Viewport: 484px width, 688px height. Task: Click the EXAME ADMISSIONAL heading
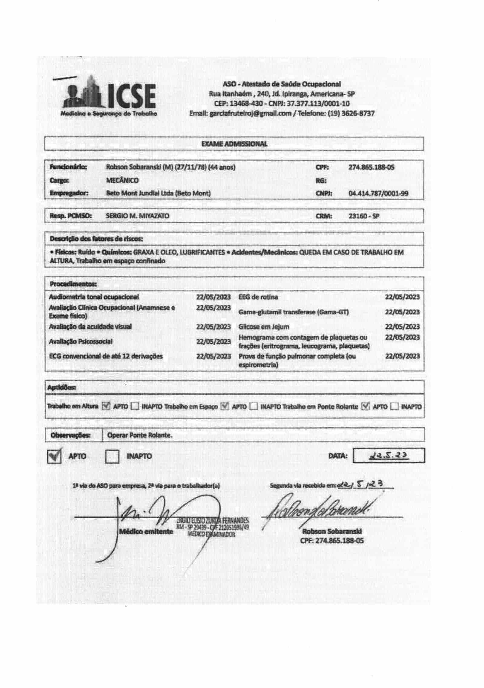point(234,144)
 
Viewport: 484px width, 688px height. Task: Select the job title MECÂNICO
point(122,181)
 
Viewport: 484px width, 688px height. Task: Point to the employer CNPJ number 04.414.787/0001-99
point(378,194)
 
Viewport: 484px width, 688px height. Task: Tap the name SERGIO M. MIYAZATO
point(138,216)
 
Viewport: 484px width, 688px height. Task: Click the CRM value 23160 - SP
point(364,216)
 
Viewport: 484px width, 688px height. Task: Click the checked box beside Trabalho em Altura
point(106,406)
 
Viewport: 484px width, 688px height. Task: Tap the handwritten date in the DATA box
point(389,456)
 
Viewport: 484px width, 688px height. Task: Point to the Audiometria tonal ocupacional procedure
point(94,297)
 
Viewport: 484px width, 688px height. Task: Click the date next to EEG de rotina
point(402,297)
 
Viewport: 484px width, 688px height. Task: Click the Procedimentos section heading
point(73,284)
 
